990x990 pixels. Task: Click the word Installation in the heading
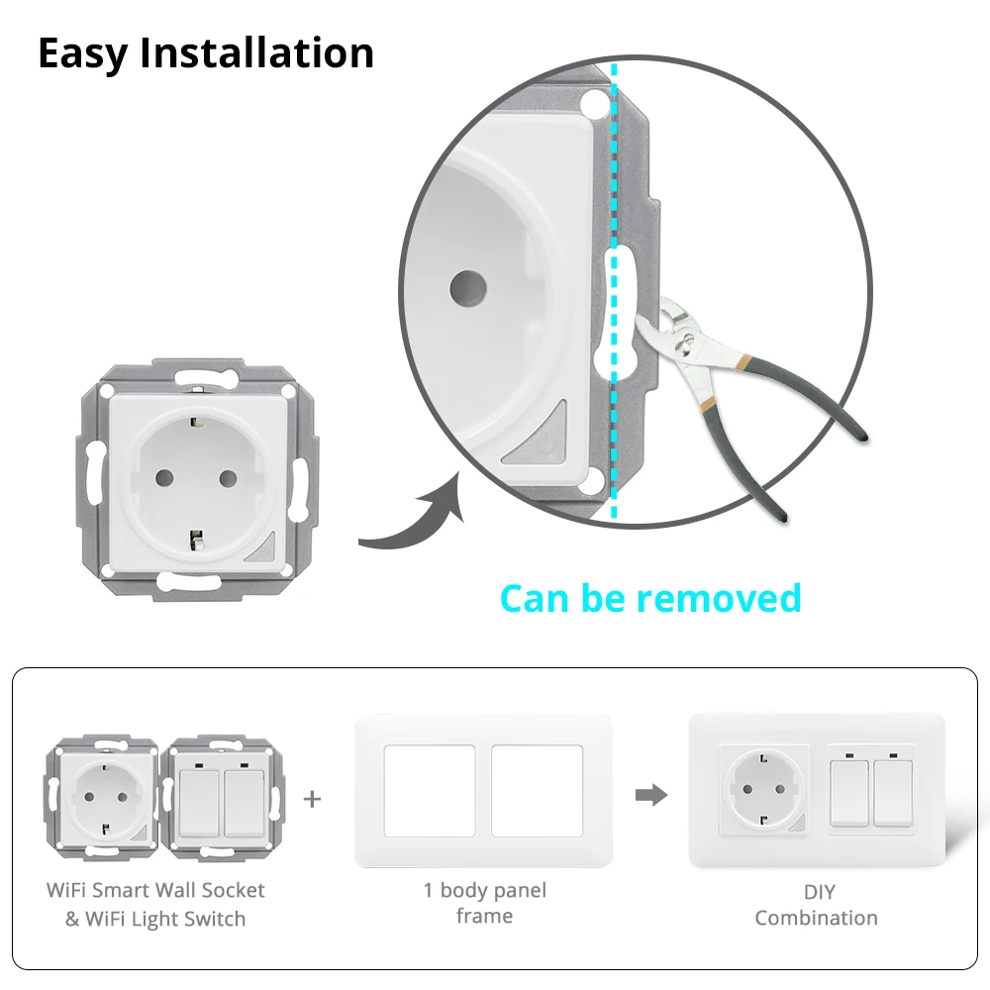click(x=257, y=53)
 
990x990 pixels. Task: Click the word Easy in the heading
click(x=83, y=53)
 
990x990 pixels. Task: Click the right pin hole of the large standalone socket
click(x=227, y=477)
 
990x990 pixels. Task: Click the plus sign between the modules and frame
click(x=313, y=798)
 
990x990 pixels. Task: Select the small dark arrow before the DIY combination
click(x=651, y=795)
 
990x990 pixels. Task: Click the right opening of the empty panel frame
click(x=537, y=792)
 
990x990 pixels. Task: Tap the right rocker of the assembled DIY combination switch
click(x=893, y=792)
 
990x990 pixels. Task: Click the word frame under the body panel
click(x=484, y=917)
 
